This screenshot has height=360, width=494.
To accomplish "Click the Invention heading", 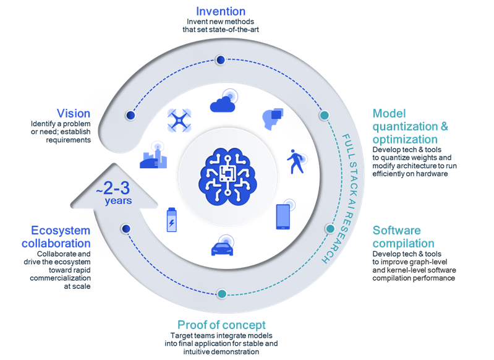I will pos(220,11).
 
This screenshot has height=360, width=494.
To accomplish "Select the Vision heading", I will pos(73,113).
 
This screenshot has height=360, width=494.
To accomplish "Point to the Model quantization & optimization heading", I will pos(411,127).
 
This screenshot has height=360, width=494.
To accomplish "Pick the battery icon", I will pos(171,220).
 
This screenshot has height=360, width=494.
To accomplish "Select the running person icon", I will pos(295,163).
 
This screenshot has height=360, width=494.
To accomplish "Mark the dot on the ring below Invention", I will pos(220,61).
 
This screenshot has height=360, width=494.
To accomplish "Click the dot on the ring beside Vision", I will pos(130,115).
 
